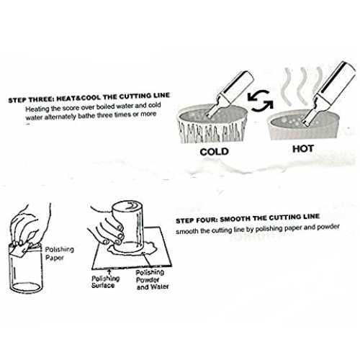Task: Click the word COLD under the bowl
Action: [x=214, y=152]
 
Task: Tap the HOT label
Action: [x=303, y=149]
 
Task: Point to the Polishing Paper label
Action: [x=59, y=253]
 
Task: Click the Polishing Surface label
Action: [x=105, y=282]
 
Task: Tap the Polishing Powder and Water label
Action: [x=152, y=279]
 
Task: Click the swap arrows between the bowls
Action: [x=260, y=101]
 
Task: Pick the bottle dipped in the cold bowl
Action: [x=230, y=94]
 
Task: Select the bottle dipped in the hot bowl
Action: [x=329, y=93]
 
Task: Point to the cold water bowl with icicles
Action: [x=212, y=125]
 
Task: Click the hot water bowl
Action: [x=303, y=125]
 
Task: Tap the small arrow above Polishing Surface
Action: [x=109, y=272]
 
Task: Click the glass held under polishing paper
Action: [x=26, y=269]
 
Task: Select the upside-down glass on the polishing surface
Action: [x=127, y=226]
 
